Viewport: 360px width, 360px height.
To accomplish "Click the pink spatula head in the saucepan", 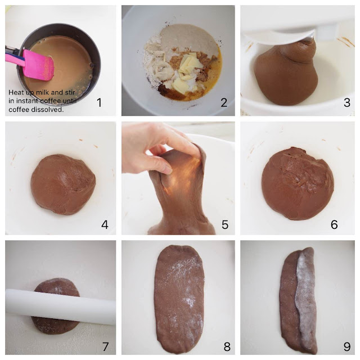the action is pos(38,65).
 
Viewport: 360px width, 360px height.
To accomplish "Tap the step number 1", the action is pos(99,102).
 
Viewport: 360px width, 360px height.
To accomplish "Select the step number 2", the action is pos(224,102).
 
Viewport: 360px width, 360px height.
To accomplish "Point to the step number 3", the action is pos(347,102).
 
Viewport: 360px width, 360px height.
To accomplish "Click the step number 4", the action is pos(105,225).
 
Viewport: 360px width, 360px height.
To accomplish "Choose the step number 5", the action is pos(225,225).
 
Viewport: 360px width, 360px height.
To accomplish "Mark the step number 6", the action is pos(334,225).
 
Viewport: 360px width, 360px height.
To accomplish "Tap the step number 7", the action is pos(105,346).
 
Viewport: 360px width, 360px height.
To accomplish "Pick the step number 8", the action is pos(227,346).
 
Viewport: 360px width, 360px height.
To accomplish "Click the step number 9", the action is pos(347,346).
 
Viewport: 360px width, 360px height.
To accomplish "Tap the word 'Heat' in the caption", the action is pos(15,92).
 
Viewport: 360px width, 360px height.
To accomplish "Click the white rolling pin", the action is pos(60,307).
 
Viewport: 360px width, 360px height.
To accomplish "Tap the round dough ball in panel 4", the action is pos(63,184).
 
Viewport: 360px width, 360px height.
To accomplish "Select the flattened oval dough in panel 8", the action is pos(179,300).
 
